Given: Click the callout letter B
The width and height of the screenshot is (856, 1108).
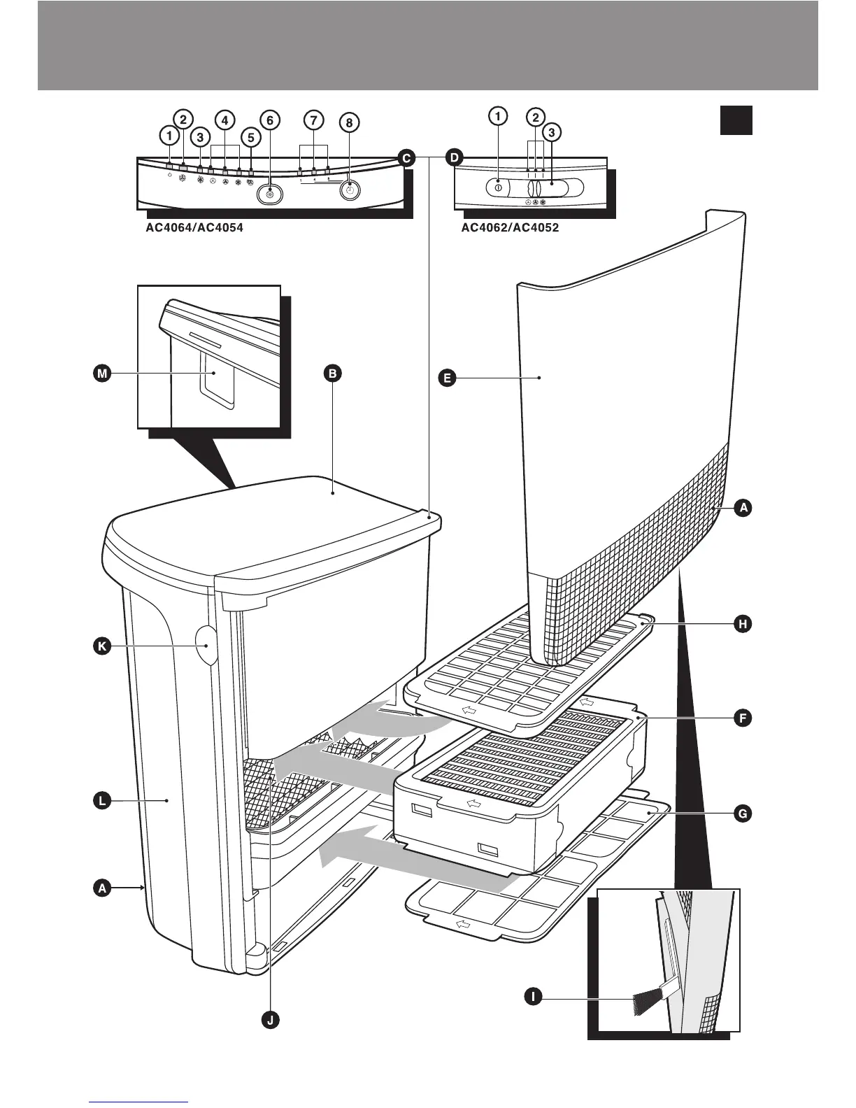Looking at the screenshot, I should coord(333,374).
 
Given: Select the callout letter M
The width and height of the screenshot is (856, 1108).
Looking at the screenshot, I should coord(103,374).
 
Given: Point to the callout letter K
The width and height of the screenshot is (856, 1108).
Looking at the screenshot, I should coord(102,647).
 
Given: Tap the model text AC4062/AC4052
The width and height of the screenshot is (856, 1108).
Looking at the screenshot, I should coord(510,227).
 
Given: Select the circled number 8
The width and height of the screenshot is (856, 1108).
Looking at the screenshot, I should coord(349,122).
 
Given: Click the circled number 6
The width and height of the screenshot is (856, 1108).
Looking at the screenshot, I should coord(269,120).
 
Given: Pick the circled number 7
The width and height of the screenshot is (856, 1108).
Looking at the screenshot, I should coord(313,120).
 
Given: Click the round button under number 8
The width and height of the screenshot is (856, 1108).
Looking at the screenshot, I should coord(351,190).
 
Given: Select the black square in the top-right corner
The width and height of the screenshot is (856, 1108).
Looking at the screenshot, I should coord(736,120).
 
